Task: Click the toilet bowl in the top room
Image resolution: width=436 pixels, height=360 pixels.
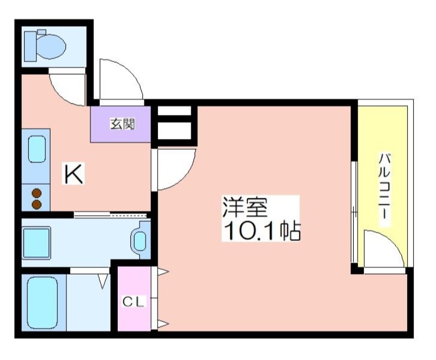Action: click(51, 46)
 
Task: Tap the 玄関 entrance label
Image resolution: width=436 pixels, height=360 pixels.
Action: click(123, 124)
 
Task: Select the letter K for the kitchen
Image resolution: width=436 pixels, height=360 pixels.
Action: click(74, 174)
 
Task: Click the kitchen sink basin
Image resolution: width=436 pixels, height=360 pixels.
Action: click(37, 149)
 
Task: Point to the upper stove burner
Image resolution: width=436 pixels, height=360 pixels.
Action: click(37, 193)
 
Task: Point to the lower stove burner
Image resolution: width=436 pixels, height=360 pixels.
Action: click(37, 205)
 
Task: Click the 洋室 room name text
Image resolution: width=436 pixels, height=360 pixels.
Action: click(245, 207)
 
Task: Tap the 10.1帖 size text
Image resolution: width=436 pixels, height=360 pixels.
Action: click(261, 230)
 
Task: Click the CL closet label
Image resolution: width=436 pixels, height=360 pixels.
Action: click(134, 302)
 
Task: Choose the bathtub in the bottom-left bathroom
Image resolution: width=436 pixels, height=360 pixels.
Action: click(43, 302)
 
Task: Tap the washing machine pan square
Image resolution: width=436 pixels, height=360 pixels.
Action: click(37, 243)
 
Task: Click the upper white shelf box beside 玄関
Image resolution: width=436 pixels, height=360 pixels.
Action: click(174, 111)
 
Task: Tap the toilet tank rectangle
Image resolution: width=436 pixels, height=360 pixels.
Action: click(31, 46)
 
